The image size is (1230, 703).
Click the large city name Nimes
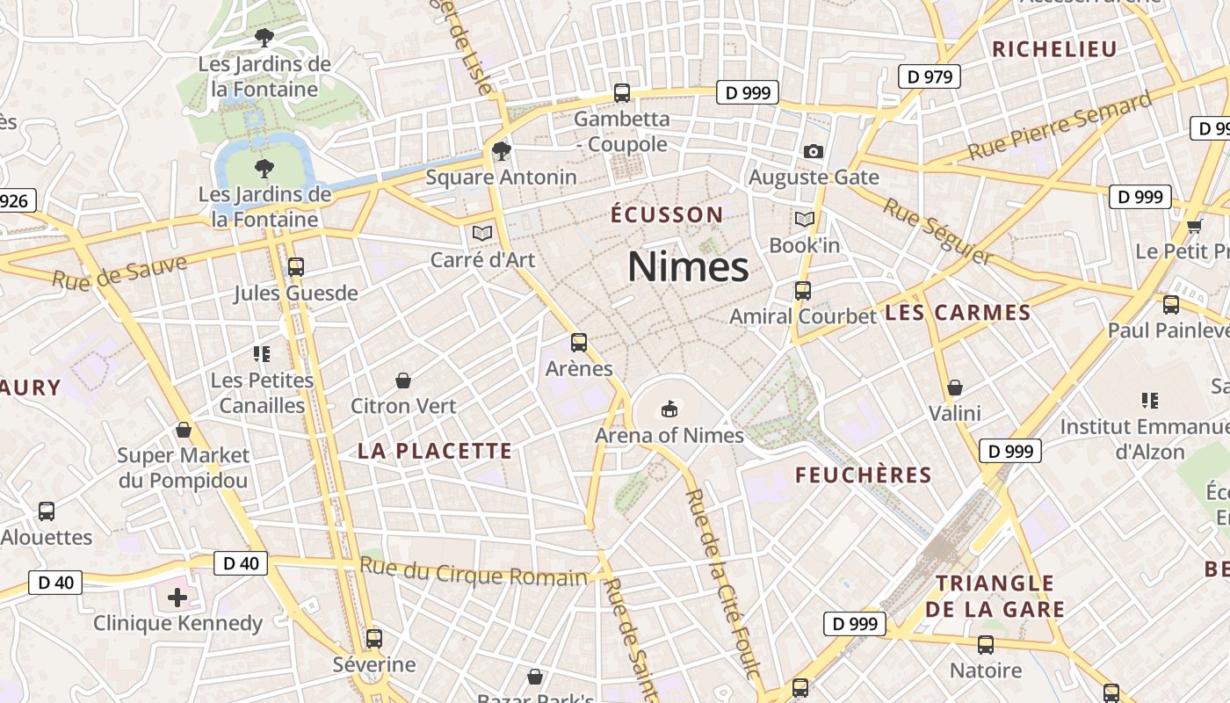coord(688,267)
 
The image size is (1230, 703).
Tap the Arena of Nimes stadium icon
coord(669,409)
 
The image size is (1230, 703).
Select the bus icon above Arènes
coord(579,343)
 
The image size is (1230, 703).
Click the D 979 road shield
coord(930,76)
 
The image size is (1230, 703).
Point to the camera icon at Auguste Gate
coord(814,151)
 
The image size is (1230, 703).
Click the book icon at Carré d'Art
coord(482,233)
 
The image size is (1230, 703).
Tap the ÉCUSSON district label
coord(667,214)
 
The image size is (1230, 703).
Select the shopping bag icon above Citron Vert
coord(403,380)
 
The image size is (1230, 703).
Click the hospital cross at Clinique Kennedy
coord(177,598)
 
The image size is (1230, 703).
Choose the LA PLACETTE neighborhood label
coord(434,452)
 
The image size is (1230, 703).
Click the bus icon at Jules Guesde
coord(296,266)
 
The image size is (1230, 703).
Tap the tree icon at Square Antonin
coord(502,151)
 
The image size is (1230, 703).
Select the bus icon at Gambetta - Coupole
coord(622,92)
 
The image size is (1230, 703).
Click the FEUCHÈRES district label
coord(863,475)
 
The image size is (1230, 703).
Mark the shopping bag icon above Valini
coord(955,388)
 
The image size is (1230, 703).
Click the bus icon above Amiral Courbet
coord(802,290)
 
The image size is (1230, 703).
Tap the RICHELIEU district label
coord(1053,49)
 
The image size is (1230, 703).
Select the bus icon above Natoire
coord(986,645)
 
